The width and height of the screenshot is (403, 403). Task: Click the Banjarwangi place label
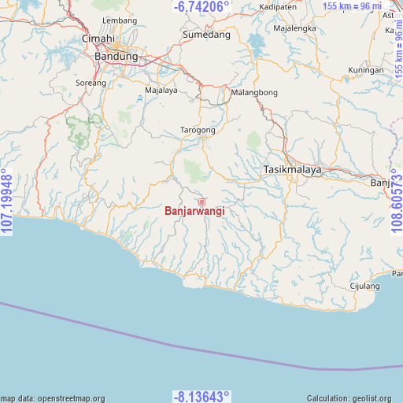(194, 211)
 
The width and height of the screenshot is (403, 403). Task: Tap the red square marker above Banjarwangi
(201, 201)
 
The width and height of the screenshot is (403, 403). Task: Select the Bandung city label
(116, 57)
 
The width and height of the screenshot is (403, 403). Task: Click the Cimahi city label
(98, 38)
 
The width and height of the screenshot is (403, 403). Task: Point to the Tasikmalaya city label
(290, 170)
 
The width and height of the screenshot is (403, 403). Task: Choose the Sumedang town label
(206, 35)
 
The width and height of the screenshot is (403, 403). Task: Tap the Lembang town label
(120, 20)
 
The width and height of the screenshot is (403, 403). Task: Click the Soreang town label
(91, 82)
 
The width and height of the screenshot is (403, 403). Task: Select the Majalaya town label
(161, 91)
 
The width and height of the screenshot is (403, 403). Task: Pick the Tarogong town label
(198, 130)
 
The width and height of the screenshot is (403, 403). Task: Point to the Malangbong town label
(254, 93)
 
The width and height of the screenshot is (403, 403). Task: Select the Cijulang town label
(364, 286)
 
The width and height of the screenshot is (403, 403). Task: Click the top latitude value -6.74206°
(201, 7)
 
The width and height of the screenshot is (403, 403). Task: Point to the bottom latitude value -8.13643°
(201, 396)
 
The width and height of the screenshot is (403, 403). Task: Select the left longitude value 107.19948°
(7, 201)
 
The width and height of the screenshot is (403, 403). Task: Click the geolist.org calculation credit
(353, 398)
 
